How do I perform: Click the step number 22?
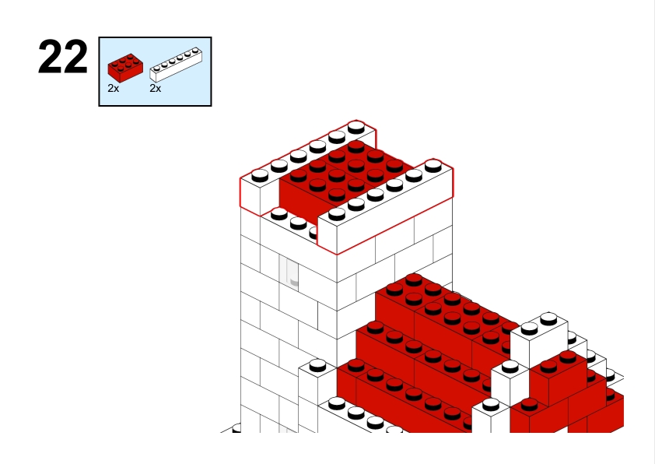[63, 57]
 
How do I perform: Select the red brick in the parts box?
[125, 68]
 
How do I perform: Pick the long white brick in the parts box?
[176, 65]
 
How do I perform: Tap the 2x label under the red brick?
[114, 88]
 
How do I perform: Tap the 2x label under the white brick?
[156, 88]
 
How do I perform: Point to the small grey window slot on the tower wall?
[292, 272]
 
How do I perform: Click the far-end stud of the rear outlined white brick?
[356, 127]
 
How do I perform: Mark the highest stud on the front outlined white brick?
[433, 166]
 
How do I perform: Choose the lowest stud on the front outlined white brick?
[337, 214]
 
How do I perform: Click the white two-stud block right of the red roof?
[539, 339]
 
